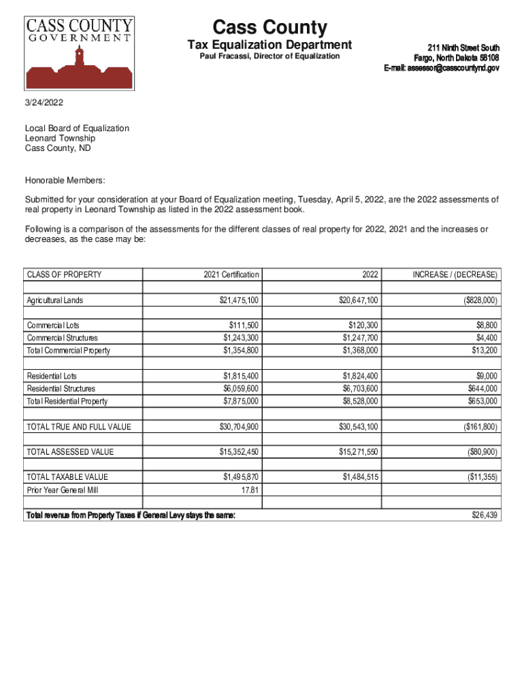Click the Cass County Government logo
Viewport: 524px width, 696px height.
(x=80, y=53)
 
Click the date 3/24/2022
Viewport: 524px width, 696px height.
(x=44, y=103)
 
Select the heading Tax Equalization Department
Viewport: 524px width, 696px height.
(x=269, y=45)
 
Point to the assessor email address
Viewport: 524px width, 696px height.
(x=442, y=68)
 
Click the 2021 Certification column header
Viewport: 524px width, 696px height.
(x=231, y=275)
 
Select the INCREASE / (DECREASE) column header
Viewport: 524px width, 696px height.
(x=455, y=275)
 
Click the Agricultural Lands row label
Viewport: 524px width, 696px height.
(x=55, y=300)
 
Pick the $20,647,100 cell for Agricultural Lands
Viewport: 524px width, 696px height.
(x=359, y=300)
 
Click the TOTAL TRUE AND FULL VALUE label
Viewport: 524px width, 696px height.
(x=78, y=427)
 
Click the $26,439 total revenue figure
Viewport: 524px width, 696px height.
(x=485, y=515)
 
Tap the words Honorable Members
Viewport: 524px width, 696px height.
(x=65, y=180)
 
